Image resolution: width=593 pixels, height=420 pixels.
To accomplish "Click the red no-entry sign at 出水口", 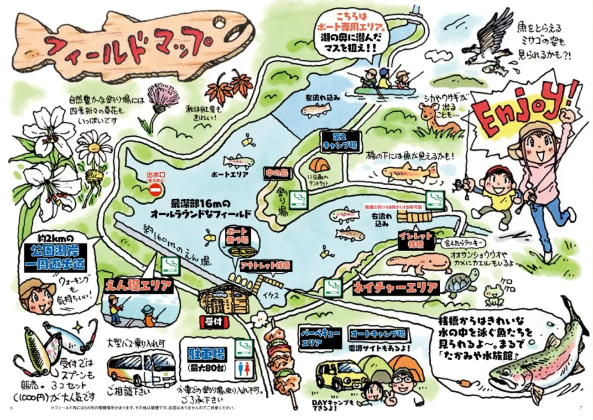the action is [x=156, y=189].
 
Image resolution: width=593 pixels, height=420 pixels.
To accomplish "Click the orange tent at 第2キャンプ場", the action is [x=319, y=164].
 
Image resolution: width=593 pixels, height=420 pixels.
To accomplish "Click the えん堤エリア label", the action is [x=139, y=286].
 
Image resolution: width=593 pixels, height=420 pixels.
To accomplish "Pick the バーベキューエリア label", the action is [x=320, y=338].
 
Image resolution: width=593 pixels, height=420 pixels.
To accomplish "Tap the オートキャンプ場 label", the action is [x=377, y=334].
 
